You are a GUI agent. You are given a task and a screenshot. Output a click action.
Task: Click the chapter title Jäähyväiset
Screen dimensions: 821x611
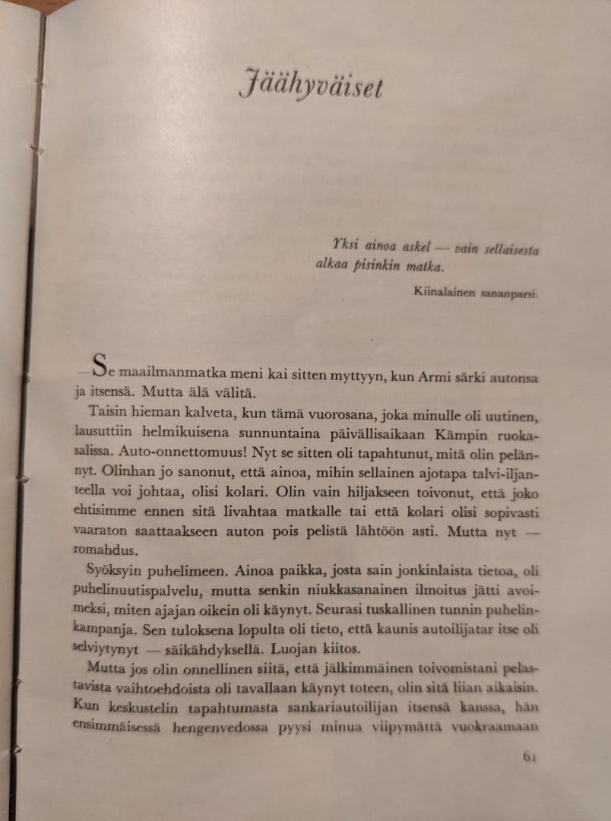[x=311, y=84]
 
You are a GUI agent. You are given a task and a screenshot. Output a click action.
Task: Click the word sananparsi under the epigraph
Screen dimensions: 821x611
[x=512, y=293]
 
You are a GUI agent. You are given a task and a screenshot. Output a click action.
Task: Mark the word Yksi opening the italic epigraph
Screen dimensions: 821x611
[x=345, y=245]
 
